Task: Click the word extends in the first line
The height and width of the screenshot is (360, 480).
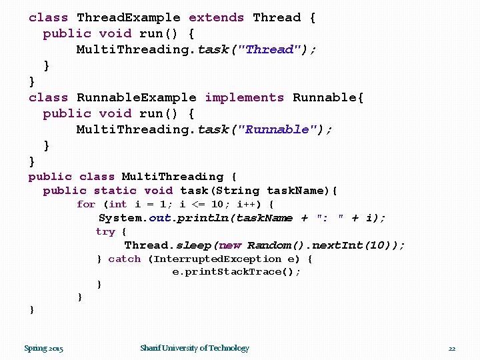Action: pyautogui.click(x=216, y=18)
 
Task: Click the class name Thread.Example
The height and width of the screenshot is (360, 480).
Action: pyautogui.click(x=129, y=18)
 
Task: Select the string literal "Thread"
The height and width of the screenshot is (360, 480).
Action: pyautogui.click(x=270, y=50)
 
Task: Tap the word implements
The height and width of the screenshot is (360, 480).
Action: pyautogui.click(x=244, y=98)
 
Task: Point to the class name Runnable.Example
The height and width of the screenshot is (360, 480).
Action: pyautogui.click(x=137, y=98)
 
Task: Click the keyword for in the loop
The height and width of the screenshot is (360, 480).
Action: pyautogui.click(x=86, y=205)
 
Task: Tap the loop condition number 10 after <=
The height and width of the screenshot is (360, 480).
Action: pyautogui.click(x=217, y=205)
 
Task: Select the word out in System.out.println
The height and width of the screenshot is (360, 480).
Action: pyautogui.click(x=160, y=218)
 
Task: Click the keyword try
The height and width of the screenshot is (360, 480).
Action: pyautogui.click(x=105, y=232)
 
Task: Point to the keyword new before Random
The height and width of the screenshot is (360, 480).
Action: pyautogui.click(x=231, y=245)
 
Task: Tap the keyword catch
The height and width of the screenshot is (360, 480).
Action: pyautogui.click(x=125, y=259)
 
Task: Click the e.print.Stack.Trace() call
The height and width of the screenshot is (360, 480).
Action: pyautogui.click(x=236, y=272)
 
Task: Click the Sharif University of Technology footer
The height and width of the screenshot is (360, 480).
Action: pyautogui.click(x=194, y=348)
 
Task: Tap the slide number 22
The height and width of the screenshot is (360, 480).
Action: pyautogui.click(x=451, y=348)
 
